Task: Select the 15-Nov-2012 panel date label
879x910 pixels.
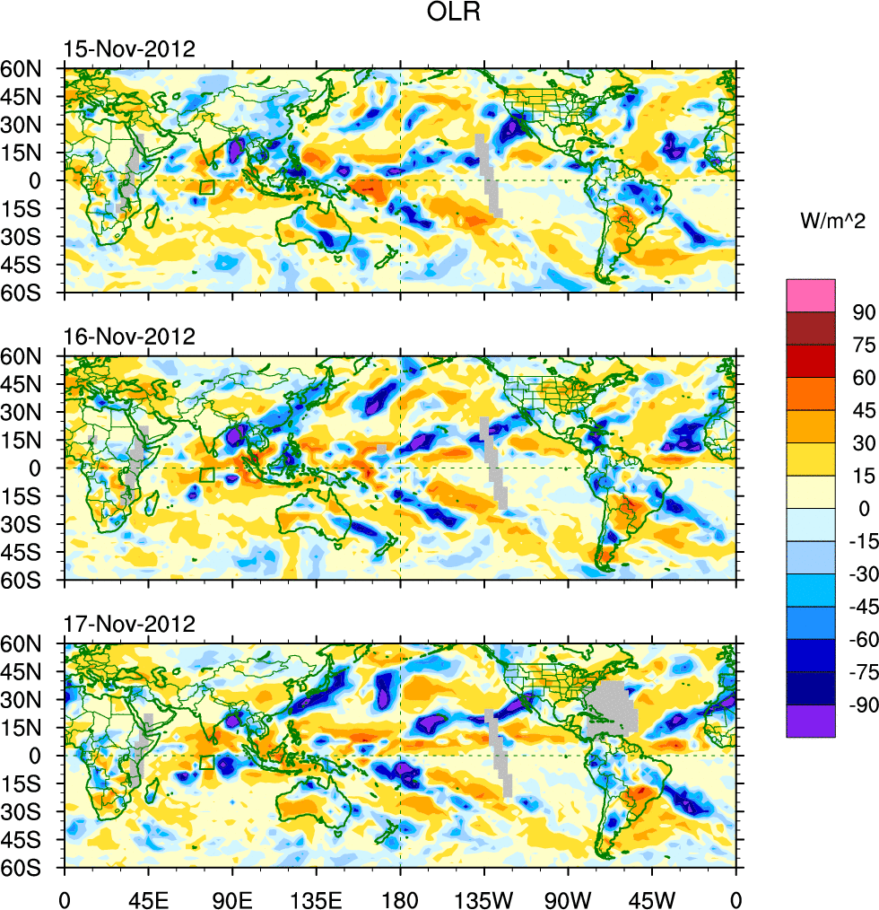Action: click(129, 49)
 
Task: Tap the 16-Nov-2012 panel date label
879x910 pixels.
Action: click(129, 337)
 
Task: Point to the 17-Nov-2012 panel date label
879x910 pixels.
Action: click(129, 625)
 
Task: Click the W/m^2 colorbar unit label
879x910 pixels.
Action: click(831, 220)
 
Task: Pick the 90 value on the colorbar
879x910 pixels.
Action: click(865, 312)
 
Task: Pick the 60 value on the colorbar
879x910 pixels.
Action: click(865, 378)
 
